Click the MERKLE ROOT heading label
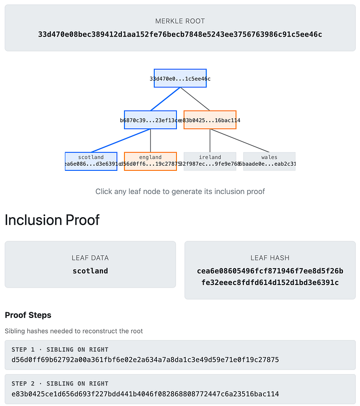[180, 21]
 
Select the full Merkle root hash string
[180, 35]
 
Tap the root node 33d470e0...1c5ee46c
[180, 78]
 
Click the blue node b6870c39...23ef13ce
[150, 120]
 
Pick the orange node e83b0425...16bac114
[210, 120]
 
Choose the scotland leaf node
[91, 161]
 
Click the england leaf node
[150, 161]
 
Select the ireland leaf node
[210, 161]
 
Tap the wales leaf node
[269, 161]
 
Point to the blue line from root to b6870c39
[165, 99]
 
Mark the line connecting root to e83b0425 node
[195, 99]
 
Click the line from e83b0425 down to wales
[239, 140]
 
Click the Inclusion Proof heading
[52, 220]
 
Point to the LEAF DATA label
[90, 258]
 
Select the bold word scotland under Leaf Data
[90, 271]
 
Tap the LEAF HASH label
[270, 258]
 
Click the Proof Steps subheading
[28, 315]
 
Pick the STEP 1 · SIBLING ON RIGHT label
[60, 349]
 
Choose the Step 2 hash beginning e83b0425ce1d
[145, 394]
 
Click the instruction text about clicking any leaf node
[180, 191]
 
